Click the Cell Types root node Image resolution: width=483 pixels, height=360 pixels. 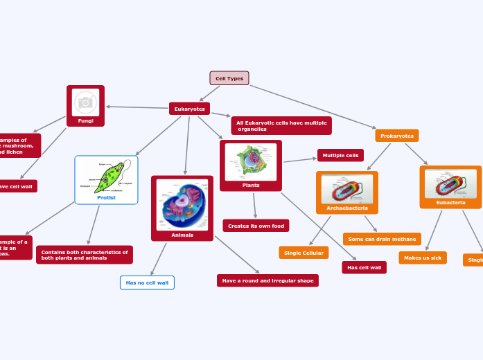[x=229, y=78]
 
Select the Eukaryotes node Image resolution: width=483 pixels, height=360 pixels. [x=189, y=109]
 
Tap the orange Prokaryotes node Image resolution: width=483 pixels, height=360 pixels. [x=396, y=136]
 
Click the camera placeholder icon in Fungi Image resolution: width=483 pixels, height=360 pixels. [x=85, y=102]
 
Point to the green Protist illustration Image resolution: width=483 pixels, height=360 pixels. [x=106, y=177]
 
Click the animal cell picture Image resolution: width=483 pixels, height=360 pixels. [x=182, y=205]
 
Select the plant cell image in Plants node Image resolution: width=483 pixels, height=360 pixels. [x=250, y=162]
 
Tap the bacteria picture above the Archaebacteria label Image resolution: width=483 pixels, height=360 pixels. [x=346, y=189]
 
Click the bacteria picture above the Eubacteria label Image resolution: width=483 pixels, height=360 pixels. [x=450, y=184]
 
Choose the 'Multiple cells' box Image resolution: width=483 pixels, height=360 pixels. [x=340, y=155]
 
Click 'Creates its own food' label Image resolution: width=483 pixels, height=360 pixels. [x=256, y=226]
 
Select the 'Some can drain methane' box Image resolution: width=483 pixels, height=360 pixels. [x=382, y=239]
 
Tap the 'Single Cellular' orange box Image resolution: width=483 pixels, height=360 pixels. [x=304, y=253]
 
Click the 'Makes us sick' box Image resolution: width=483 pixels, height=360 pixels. [x=423, y=258]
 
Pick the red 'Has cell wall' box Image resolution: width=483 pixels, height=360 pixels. [x=364, y=267]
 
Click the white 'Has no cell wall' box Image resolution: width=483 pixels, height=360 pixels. [x=147, y=282]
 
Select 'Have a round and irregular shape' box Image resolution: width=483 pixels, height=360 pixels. [x=267, y=280]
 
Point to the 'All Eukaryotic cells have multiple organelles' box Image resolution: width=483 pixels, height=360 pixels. [x=281, y=126]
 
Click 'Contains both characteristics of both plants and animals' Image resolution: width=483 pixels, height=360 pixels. [x=85, y=255]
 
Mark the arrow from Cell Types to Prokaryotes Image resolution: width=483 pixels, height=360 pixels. [x=312, y=107]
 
